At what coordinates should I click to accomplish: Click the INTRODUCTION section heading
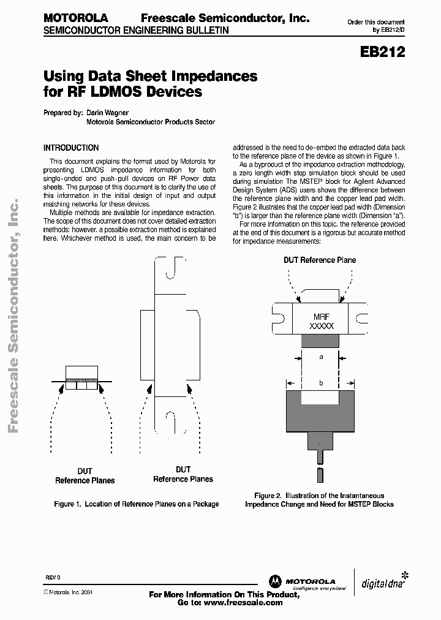(x=71, y=148)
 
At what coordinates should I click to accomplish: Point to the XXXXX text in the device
(x=322, y=327)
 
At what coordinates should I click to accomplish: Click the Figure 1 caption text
(x=136, y=504)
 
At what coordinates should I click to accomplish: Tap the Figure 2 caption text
(x=319, y=500)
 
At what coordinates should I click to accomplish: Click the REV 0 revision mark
(x=53, y=578)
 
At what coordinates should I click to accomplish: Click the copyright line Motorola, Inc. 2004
(x=67, y=592)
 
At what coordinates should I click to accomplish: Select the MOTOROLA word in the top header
(x=75, y=18)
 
